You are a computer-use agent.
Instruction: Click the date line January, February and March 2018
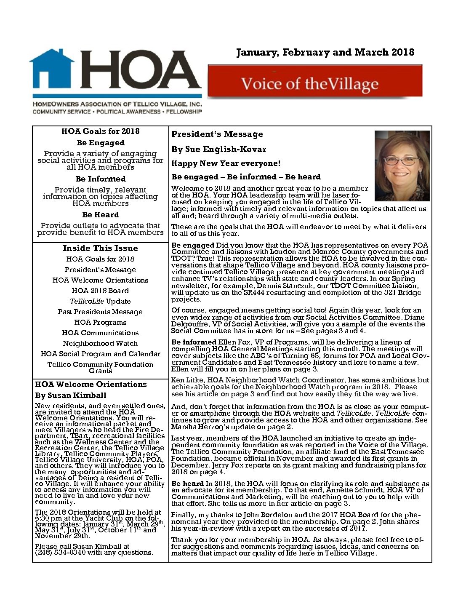325,52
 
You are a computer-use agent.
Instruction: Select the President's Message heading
217,134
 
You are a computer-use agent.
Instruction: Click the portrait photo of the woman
402,166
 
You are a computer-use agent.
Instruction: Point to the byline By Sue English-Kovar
218,150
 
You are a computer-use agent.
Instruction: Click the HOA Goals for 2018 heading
100,131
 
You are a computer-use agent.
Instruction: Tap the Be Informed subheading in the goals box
100,179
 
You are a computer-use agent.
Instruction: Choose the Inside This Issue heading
100,248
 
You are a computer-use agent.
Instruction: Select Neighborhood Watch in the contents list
100,344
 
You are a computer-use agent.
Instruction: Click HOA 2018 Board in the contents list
100,291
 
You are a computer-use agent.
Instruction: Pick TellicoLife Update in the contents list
100,302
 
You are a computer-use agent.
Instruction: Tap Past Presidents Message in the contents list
100,312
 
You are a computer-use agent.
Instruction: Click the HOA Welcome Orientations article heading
91,385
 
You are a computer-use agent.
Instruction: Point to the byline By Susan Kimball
71,395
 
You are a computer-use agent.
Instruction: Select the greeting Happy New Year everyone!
226,163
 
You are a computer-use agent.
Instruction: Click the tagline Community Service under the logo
61,112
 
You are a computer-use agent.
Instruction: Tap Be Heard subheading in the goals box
100,215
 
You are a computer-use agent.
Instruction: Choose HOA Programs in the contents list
100,323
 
